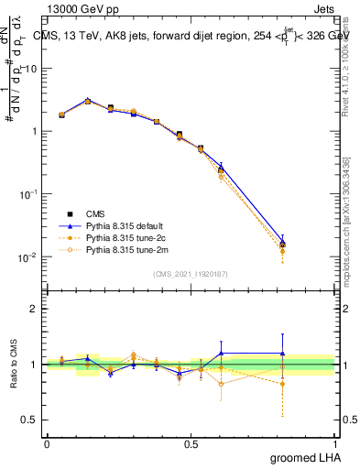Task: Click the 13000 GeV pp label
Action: tap(75, 7)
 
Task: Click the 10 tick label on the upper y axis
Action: tap(30, 69)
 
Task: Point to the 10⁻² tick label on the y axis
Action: tap(27, 257)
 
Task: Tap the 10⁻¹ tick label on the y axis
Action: tap(27, 194)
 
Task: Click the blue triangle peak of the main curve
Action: tap(88, 100)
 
